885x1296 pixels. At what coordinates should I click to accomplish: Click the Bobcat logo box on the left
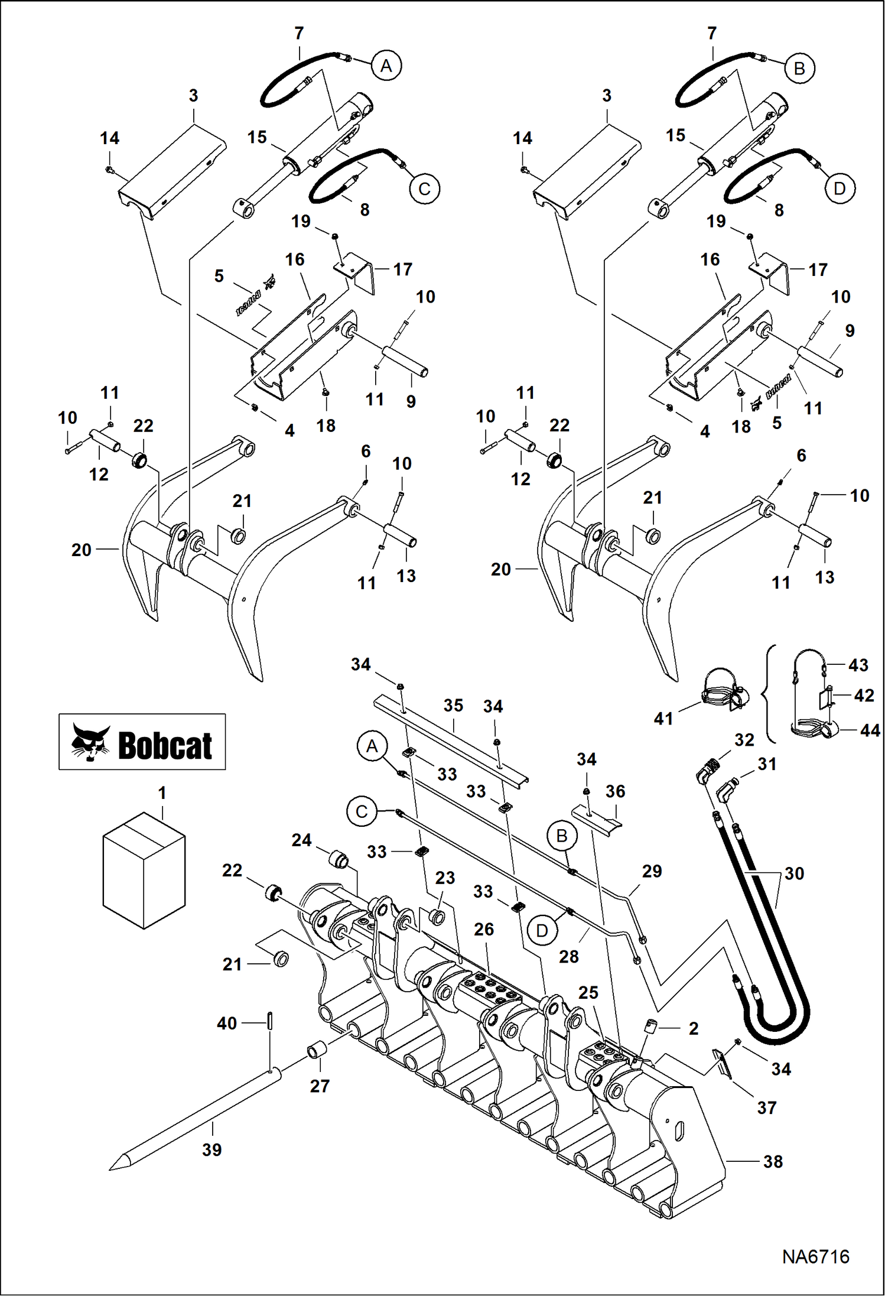(x=142, y=742)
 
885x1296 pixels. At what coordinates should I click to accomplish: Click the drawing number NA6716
(x=815, y=1257)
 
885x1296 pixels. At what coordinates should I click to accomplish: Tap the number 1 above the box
(x=162, y=793)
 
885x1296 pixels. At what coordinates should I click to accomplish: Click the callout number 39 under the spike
(x=212, y=1150)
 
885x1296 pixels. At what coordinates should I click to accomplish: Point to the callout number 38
(x=773, y=1162)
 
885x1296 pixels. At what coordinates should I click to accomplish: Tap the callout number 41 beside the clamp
(x=663, y=719)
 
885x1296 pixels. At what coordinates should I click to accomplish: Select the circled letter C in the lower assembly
(x=362, y=812)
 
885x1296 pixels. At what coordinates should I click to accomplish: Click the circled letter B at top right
(x=799, y=69)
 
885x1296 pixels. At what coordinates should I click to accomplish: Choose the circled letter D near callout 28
(x=542, y=931)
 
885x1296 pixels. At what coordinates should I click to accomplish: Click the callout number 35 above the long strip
(x=453, y=705)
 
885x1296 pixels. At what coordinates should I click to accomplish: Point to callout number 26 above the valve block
(x=484, y=930)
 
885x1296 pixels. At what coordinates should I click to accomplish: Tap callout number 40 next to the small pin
(x=227, y=1024)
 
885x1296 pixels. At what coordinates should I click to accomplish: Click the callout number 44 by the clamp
(x=870, y=730)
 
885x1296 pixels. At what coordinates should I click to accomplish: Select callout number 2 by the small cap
(x=694, y=1029)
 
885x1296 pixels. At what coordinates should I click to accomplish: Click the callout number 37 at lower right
(x=766, y=1108)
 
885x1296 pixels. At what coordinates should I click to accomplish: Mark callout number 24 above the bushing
(x=301, y=840)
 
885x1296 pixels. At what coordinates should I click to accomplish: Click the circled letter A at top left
(x=386, y=65)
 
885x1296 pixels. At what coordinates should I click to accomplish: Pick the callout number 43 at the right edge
(x=858, y=665)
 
